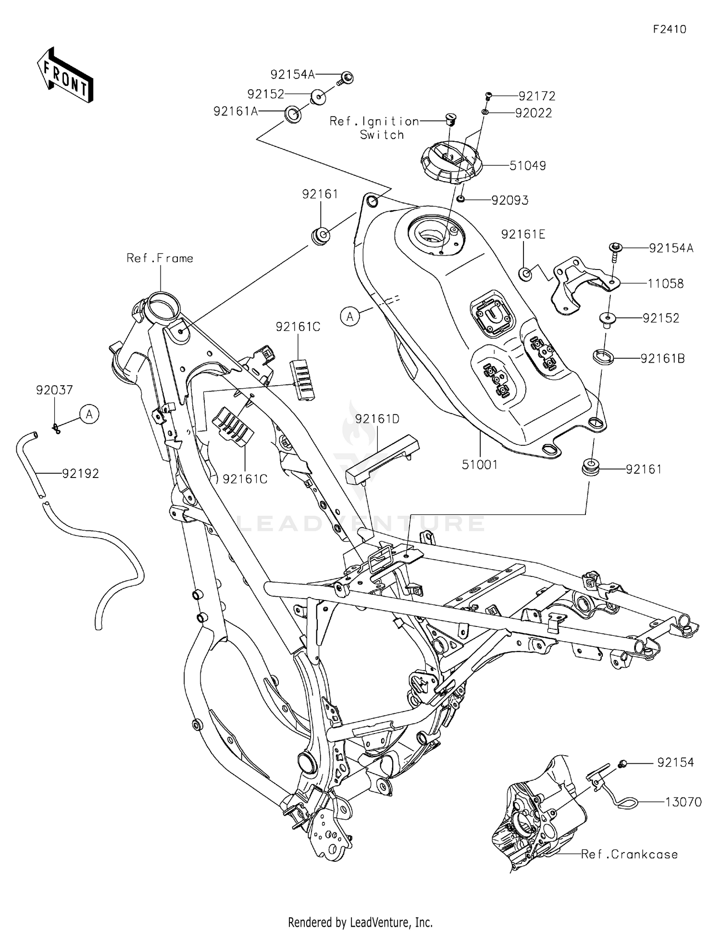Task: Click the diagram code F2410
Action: (x=669, y=29)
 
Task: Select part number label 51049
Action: (x=527, y=166)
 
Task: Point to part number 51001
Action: (x=479, y=465)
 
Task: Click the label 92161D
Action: (x=377, y=419)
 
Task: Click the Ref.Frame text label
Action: (x=160, y=258)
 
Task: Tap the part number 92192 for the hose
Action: (x=80, y=473)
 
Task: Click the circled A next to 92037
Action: (x=89, y=414)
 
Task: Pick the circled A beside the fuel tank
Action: (x=350, y=317)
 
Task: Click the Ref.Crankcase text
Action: (x=629, y=854)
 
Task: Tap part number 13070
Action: (x=683, y=802)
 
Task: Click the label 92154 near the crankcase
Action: (x=675, y=762)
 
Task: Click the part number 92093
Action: (x=510, y=200)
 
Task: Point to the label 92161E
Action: (x=523, y=234)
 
